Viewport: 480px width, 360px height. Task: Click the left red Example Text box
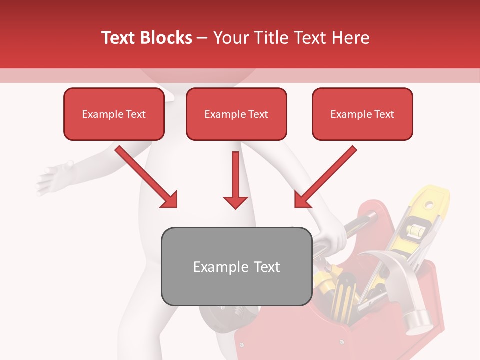pyautogui.click(x=114, y=114)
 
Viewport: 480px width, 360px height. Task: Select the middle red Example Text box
pyautogui.click(x=236, y=114)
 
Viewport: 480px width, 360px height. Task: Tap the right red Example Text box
pyautogui.click(x=362, y=114)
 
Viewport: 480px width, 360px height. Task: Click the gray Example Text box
pyautogui.click(x=236, y=266)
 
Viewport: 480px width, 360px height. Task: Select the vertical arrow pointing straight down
pyautogui.click(x=235, y=180)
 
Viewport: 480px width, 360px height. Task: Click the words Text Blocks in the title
pyautogui.click(x=147, y=38)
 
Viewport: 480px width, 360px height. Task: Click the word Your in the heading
pyautogui.click(x=231, y=38)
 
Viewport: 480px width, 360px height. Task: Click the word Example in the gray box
pyautogui.click(x=218, y=267)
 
